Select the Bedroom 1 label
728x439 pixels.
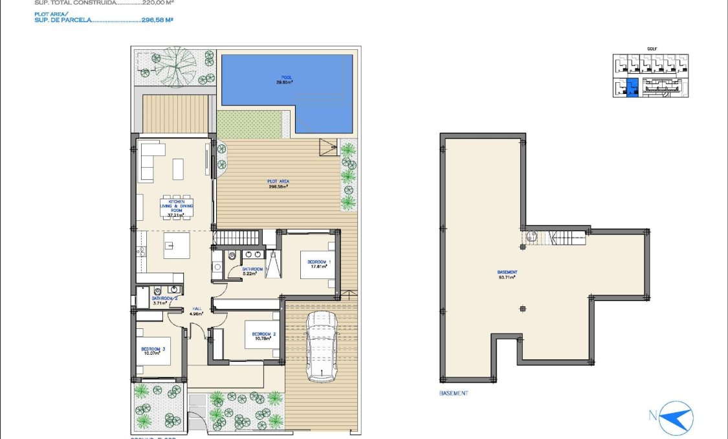(x=320, y=262)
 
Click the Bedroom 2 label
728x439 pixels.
(x=264, y=334)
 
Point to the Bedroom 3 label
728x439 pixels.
(x=153, y=349)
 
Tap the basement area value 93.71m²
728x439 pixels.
(x=507, y=277)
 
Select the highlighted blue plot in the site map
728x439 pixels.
(x=632, y=87)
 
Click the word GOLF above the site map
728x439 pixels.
(x=652, y=49)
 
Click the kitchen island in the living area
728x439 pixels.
(x=177, y=245)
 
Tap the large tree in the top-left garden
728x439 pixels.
(x=174, y=66)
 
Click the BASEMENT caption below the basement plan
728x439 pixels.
(x=454, y=393)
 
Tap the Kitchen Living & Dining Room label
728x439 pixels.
(x=177, y=206)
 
